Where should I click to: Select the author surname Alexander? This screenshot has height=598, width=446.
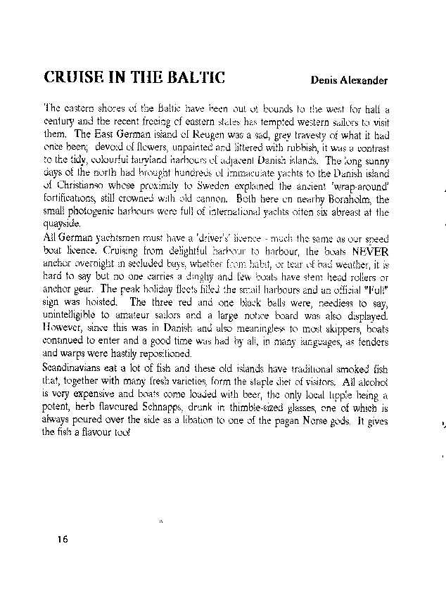click(x=364, y=81)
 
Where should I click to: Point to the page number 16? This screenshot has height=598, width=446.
click(x=63, y=539)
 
